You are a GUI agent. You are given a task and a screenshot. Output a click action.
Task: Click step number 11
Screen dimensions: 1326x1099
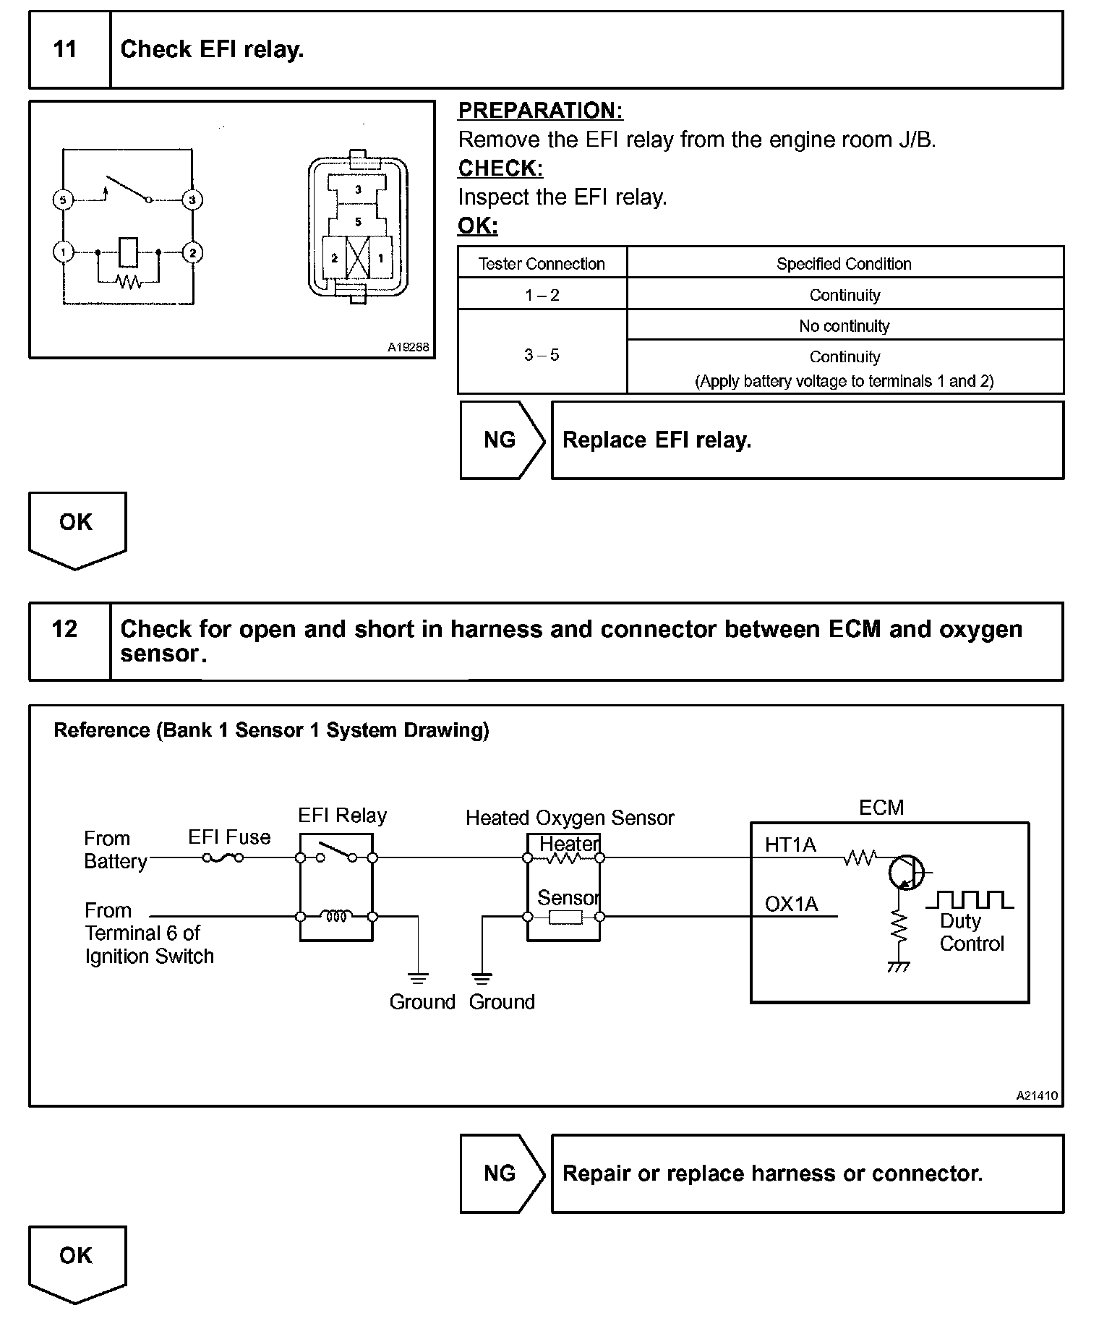65,49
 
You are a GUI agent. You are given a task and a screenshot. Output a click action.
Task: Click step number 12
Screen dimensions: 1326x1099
65,629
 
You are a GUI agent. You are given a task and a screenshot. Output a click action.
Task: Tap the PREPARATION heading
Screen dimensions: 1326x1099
540,111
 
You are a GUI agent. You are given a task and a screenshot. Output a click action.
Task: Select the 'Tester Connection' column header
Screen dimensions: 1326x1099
542,264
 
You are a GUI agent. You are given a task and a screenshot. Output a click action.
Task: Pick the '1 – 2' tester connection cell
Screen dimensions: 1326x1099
542,295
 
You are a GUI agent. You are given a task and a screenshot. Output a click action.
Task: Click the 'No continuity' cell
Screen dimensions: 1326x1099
844,326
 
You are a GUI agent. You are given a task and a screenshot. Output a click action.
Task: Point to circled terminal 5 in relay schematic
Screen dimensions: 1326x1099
64,200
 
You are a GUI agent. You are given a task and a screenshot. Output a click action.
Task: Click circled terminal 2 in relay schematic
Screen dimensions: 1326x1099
192,253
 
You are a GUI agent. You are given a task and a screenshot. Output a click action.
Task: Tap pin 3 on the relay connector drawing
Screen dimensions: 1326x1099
358,189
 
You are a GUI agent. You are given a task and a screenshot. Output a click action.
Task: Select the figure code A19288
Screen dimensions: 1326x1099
408,347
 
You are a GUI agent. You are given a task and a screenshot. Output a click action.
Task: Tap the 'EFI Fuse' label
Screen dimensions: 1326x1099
229,837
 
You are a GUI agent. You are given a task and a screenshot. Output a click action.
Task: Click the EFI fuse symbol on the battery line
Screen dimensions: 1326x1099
223,857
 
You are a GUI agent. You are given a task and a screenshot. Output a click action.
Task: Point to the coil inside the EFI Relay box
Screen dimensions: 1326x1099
336,916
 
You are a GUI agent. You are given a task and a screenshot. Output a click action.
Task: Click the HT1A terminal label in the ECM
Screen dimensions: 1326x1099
790,844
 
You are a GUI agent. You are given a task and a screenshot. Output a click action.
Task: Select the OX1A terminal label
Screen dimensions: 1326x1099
791,904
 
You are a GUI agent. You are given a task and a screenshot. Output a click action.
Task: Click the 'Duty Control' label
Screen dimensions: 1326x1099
971,933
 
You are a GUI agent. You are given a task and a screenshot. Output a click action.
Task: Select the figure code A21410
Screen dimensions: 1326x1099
1037,1095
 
